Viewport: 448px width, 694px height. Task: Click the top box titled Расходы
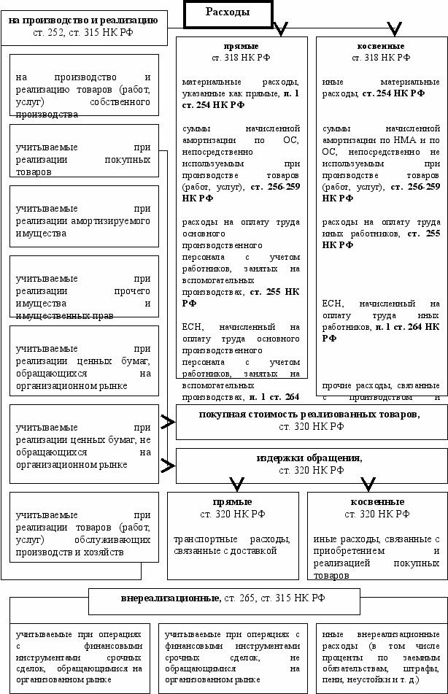[x=227, y=12]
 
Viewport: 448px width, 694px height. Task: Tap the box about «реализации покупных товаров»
[x=85, y=159]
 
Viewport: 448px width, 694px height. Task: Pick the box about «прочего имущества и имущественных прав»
[x=85, y=285]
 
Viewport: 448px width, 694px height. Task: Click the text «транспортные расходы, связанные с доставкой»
[x=232, y=544]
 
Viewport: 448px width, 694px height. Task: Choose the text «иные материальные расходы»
[x=380, y=88]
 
